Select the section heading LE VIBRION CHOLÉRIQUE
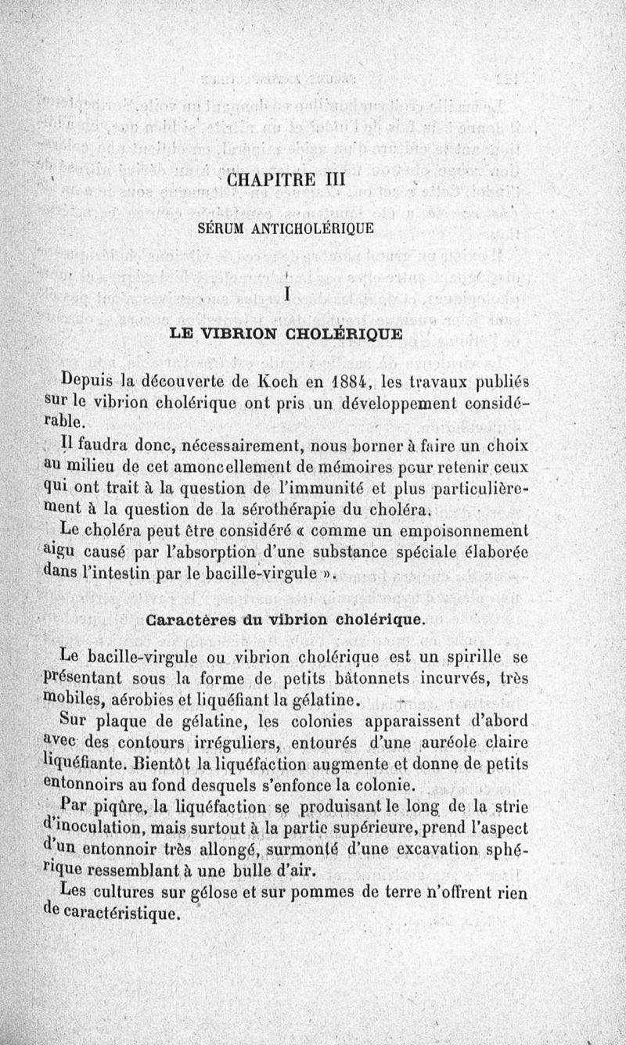point(287,335)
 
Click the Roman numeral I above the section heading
point(288,295)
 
